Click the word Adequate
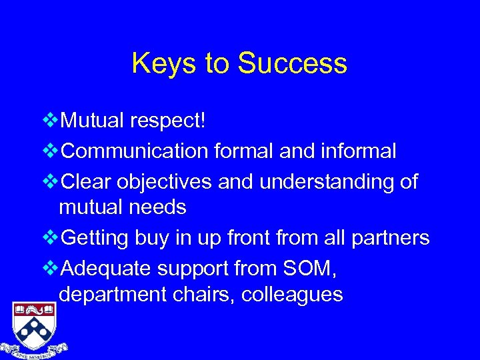point(107,267)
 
